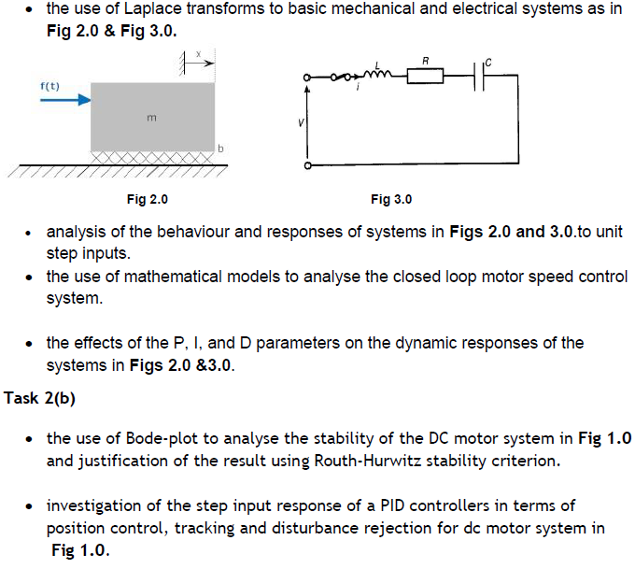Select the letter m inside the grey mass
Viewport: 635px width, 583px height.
pyautogui.click(x=151, y=119)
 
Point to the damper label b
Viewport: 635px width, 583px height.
pyautogui.click(x=220, y=149)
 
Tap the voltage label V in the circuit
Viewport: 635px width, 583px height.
pyautogui.click(x=298, y=121)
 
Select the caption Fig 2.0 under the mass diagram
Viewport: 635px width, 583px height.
pyautogui.click(x=148, y=199)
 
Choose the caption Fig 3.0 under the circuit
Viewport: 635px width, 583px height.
pyautogui.click(x=391, y=199)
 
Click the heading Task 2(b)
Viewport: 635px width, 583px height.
pyautogui.click(x=39, y=399)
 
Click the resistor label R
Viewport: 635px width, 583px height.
pyautogui.click(x=426, y=61)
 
